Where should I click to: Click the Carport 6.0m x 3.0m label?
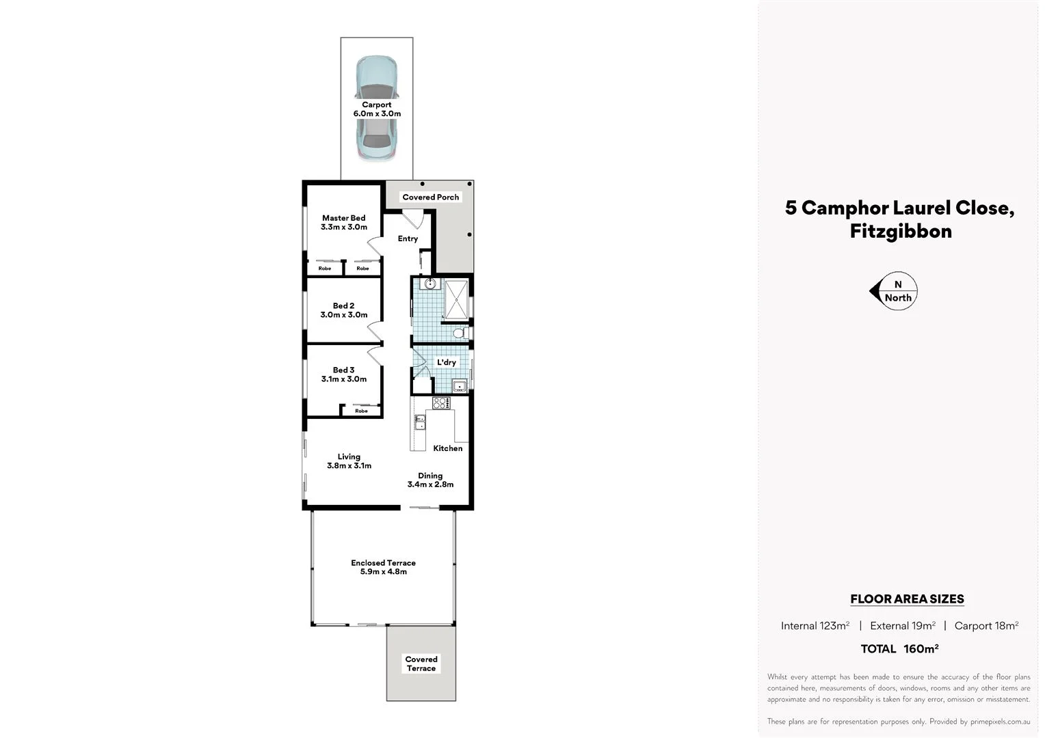pyautogui.click(x=377, y=109)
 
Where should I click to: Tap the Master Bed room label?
pyautogui.click(x=344, y=223)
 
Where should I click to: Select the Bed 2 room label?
pyautogui.click(x=344, y=310)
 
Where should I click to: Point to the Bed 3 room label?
pyautogui.click(x=344, y=374)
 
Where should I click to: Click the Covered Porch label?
pyautogui.click(x=431, y=197)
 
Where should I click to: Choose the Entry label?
pyautogui.click(x=408, y=238)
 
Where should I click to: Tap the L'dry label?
pyautogui.click(x=447, y=362)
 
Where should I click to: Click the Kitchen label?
pyautogui.click(x=448, y=448)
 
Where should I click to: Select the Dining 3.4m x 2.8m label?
pyautogui.click(x=430, y=480)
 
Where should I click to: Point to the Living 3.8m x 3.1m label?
pyautogui.click(x=349, y=461)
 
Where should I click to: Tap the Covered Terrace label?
pyautogui.click(x=421, y=664)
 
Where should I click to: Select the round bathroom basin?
pyautogui.click(x=430, y=283)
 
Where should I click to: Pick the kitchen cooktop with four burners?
pyautogui.click(x=441, y=403)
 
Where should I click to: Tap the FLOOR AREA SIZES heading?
pyautogui.click(x=907, y=599)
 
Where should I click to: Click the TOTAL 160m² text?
pyautogui.click(x=899, y=648)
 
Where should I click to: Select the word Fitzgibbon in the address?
pyautogui.click(x=901, y=231)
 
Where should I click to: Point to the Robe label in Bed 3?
pyautogui.click(x=361, y=411)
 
